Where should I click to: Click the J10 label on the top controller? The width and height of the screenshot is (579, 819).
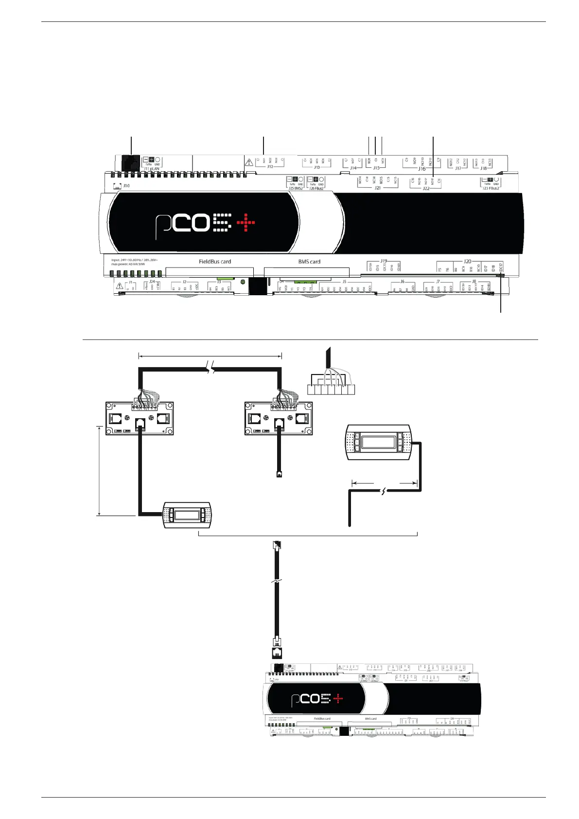[126, 186]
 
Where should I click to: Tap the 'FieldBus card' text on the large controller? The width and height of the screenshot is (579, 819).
[215, 262]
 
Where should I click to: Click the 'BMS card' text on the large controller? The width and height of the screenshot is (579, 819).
[309, 262]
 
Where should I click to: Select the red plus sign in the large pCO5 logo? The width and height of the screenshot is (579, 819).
[246, 223]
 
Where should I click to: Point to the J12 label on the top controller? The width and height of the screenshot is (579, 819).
[270, 167]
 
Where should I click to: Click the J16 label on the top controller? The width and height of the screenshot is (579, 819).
[421, 169]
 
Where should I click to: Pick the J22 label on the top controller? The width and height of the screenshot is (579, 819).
[426, 188]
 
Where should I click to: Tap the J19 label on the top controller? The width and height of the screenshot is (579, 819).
[384, 262]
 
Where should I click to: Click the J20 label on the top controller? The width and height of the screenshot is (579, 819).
[468, 262]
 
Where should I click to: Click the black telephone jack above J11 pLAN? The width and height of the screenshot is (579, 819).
[130, 162]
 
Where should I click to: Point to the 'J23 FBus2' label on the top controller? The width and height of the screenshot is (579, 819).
[491, 188]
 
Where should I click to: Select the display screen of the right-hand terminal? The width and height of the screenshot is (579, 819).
[378, 442]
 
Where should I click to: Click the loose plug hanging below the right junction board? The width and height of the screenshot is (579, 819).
[279, 473]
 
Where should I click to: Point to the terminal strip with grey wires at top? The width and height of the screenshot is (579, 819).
[331, 389]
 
